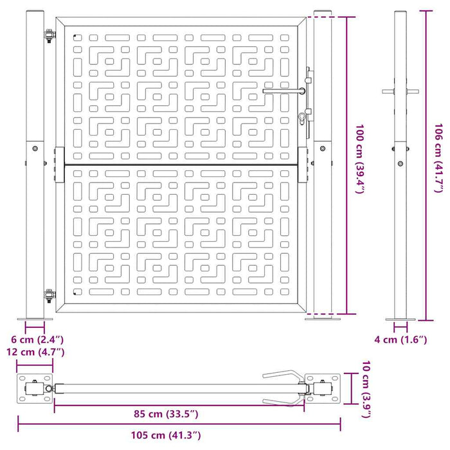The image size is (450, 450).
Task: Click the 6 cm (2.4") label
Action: [37, 338]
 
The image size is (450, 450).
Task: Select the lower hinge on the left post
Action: [48, 295]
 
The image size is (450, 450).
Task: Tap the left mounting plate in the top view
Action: [35, 389]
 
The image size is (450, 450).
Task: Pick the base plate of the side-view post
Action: [401, 319]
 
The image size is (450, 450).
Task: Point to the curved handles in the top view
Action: [283, 388]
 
